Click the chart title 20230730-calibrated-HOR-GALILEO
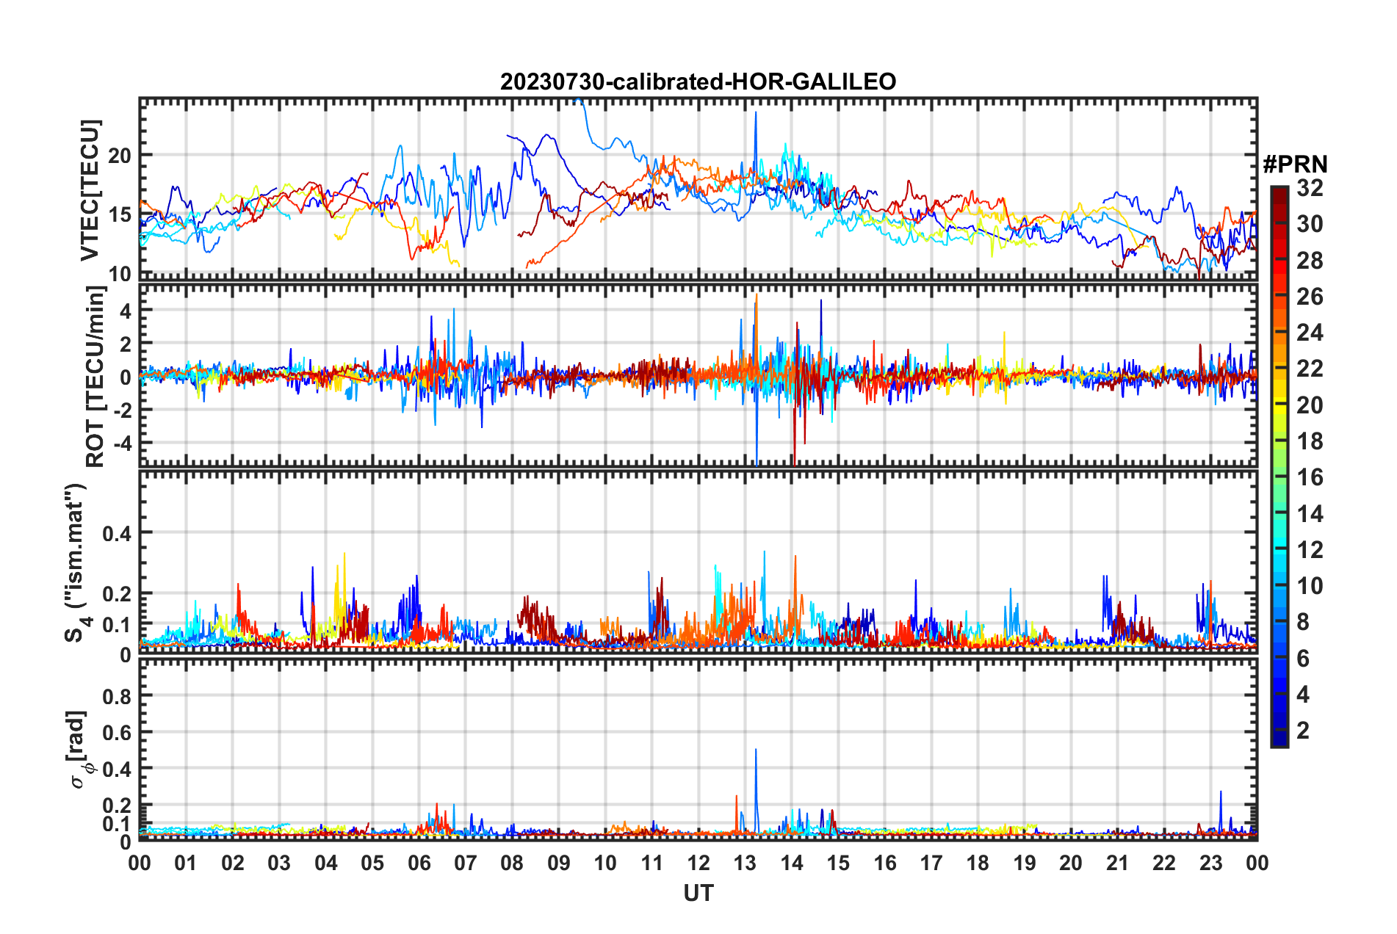[x=698, y=82]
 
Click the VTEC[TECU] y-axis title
[x=90, y=190]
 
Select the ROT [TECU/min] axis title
[x=95, y=377]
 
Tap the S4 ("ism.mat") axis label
[x=76, y=562]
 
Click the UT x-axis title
[x=698, y=894]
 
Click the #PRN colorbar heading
[x=1295, y=164]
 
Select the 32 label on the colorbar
[x=1310, y=188]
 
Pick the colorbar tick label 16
[x=1310, y=477]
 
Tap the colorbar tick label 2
[x=1303, y=731]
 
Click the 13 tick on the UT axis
[x=745, y=863]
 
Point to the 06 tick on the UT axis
[x=419, y=863]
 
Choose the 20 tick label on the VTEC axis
[x=120, y=156]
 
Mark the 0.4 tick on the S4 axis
[x=117, y=533]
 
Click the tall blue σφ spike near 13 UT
[x=756, y=750]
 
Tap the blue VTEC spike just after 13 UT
[x=755, y=114]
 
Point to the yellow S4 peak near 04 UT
[x=344, y=555]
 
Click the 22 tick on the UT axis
[x=1164, y=863]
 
